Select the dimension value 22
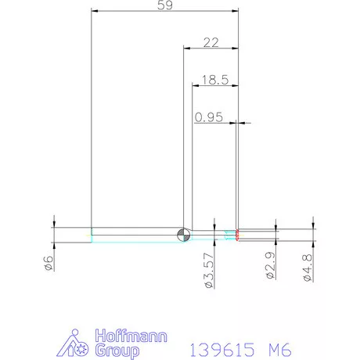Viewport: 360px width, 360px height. coord(210,43)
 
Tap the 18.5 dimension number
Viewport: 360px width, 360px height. coord(214,80)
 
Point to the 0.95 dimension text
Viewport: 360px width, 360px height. coord(210,117)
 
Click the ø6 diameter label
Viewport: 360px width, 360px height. coord(48,263)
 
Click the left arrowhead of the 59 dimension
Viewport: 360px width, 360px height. coord(95,12)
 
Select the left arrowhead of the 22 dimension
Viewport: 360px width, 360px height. coord(187,49)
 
